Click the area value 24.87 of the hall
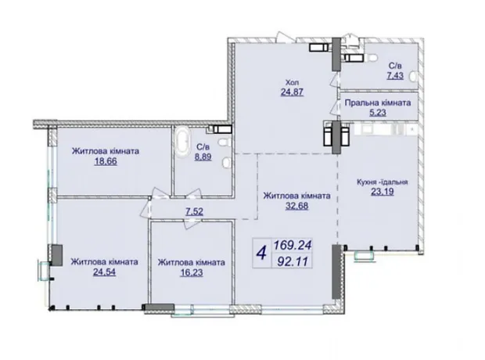pos(292,92)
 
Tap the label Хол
pos(292,82)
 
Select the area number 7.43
pos(395,75)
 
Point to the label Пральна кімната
pos(378,103)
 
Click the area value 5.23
pos(378,113)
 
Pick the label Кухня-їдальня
pos(383,182)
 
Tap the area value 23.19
pos(383,192)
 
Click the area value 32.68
pos(296,206)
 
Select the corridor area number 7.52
pos(194,211)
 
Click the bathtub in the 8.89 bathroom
pos(182,144)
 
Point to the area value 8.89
pos(203,157)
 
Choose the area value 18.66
pos(106,161)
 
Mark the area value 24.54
pos(104,272)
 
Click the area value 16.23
pos(192,272)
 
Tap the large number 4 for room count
pos(262,254)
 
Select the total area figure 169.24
pos(293,246)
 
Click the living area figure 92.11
pos(293,262)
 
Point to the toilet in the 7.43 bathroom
pos(371,58)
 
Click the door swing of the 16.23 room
pos(191,224)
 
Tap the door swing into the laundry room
pos(336,107)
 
